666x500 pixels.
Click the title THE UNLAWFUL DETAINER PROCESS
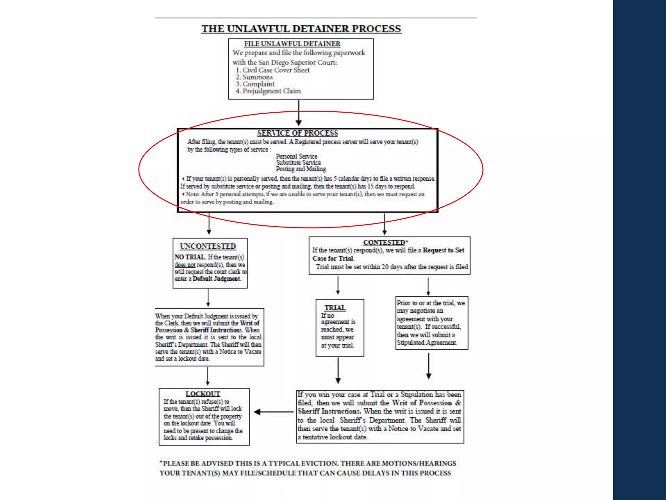point(301,29)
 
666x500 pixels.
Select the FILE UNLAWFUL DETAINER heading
point(292,44)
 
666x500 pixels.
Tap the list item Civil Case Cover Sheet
point(276,70)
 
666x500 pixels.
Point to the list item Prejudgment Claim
point(271,91)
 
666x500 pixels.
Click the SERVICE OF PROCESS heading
point(298,133)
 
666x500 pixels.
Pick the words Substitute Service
point(299,162)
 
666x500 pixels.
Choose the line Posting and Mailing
point(301,169)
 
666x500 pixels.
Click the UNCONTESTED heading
point(208,246)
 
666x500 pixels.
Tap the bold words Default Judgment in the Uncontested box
point(217,279)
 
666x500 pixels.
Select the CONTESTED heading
point(384,243)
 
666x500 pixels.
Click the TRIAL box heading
point(335,308)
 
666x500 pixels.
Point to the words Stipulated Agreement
point(427,343)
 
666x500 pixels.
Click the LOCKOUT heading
point(203,394)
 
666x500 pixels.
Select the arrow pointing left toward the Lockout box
point(273,412)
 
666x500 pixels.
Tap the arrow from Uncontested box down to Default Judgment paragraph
point(208,298)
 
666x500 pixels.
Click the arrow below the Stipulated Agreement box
point(429,366)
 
